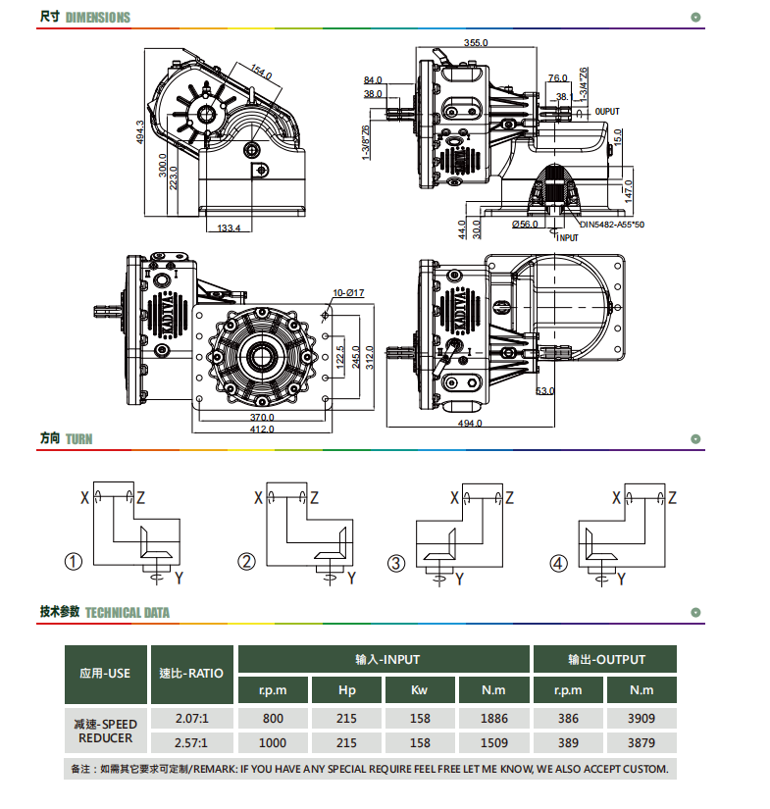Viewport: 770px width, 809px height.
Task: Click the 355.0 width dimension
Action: click(x=476, y=42)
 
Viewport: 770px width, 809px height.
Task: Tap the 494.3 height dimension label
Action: click(x=140, y=132)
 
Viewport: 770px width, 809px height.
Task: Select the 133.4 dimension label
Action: click(x=229, y=228)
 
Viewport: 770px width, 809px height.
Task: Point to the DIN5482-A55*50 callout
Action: click(x=612, y=225)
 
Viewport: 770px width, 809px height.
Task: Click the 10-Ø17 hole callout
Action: click(x=348, y=292)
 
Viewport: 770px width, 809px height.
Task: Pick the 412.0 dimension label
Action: click(x=262, y=429)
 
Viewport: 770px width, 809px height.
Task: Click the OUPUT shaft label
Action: click(x=607, y=112)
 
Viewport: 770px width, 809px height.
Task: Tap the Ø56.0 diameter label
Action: click(x=525, y=224)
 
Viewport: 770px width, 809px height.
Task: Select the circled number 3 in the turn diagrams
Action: click(x=396, y=563)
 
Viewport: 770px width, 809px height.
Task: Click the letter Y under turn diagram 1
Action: click(x=179, y=578)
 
